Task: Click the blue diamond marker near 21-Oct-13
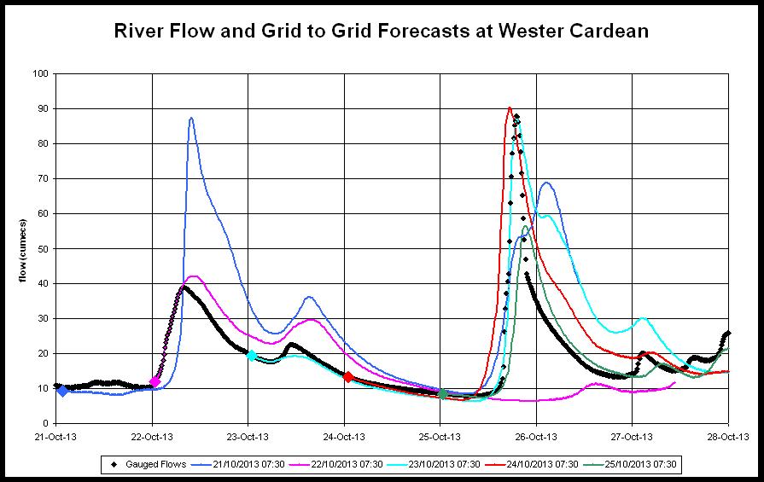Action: (x=62, y=391)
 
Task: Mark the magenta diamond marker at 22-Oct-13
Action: (x=155, y=381)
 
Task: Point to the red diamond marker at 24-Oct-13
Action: (x=347, y=376)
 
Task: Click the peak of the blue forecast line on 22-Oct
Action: (x=191, y=118)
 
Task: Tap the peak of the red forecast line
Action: (x=510, y=107)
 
